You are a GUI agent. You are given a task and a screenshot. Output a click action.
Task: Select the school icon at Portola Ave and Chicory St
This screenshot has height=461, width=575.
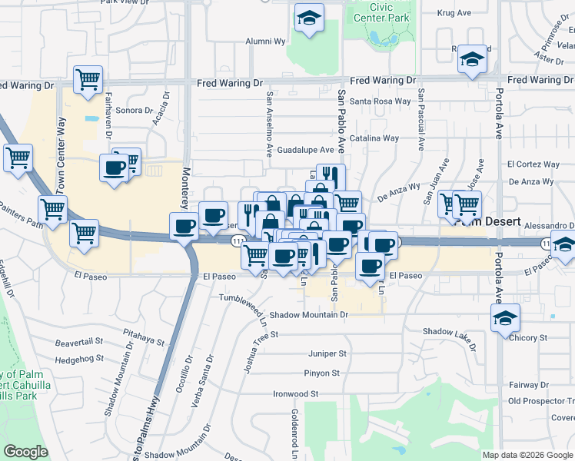click(x=505, y=317)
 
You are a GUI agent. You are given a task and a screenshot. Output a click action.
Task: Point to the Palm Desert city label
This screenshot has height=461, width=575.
click(x=487, y=221)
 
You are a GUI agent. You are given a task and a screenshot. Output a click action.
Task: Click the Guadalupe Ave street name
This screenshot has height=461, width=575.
click(x=306, y=150)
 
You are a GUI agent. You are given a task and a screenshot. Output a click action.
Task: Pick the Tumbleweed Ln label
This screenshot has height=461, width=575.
click(x=243, y=298)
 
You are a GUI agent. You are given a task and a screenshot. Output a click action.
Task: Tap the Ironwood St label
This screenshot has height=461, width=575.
click(x=296, y=393)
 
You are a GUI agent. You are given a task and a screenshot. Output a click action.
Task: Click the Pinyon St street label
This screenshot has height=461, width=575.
click(x=322, y=373)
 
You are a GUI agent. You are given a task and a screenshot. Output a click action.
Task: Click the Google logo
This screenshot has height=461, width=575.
click(x=25, y=452)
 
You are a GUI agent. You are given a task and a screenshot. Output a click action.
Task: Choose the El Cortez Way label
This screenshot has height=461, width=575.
click(x=533, y=164)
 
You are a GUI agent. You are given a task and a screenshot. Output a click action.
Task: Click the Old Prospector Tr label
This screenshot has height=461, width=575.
click(x=541, y=401)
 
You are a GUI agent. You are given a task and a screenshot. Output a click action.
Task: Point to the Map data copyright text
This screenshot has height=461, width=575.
click(x=527, y=455)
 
